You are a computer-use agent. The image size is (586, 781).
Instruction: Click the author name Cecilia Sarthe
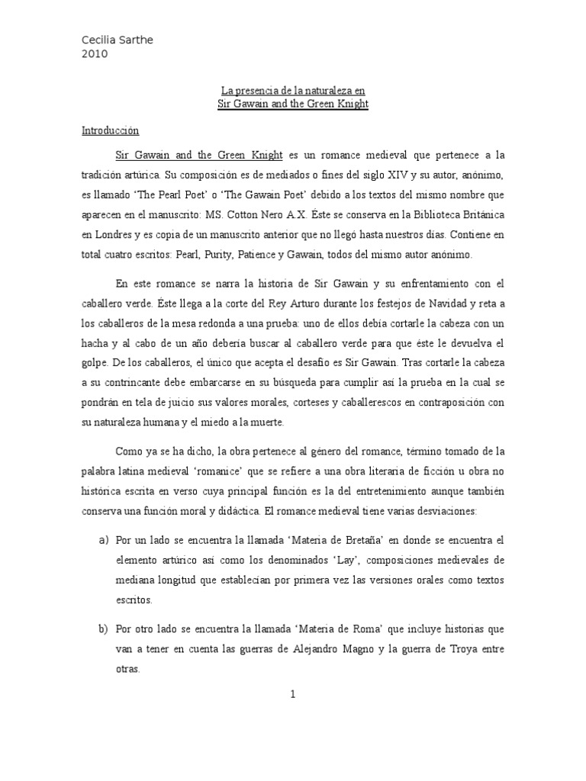click(118, 40)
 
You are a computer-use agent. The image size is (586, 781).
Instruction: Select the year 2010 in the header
click(95, 53)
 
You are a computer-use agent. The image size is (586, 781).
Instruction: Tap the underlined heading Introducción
click(111, 130)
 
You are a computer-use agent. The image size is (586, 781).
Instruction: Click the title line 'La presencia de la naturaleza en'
click(293, 89)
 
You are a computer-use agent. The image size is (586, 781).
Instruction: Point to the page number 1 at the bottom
click(293, 693)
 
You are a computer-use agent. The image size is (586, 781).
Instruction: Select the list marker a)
click(104, 540)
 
